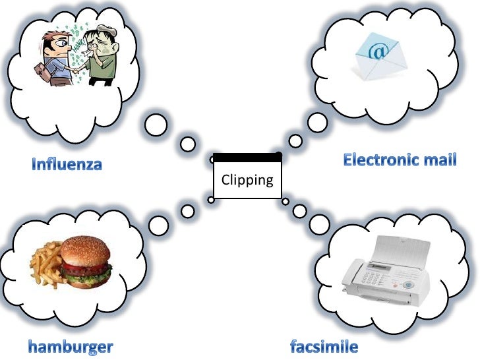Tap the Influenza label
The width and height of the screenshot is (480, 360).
[x=67, y=164]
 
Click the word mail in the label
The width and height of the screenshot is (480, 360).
[x=440, y=160]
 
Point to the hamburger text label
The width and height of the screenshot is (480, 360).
[x=71, y=345]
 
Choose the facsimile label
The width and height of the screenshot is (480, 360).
[x=324, y=345]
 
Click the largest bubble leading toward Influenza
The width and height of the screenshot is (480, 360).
[x=157, y=124]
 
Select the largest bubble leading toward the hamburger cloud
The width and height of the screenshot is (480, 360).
[x=159, y=225]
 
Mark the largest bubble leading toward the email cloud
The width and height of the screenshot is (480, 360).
[x=317, y=122]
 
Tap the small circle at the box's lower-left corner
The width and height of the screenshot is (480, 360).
[x=211, y=199]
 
